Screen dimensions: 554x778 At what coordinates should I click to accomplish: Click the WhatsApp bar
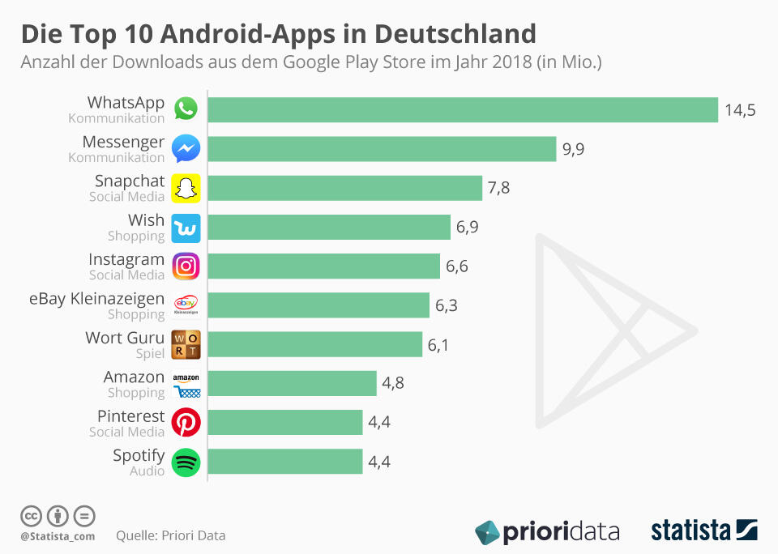coord(463,110)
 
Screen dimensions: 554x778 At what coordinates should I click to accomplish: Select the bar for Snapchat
coord(345,189)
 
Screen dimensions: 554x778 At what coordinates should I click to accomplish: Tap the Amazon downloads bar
coord(293,384)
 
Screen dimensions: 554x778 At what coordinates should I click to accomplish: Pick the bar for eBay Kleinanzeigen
coord(318,305)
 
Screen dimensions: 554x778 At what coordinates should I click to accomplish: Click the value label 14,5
coord(740,110)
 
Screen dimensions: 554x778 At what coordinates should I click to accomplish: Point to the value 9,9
coord(574,149)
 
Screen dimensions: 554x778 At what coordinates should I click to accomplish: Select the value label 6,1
coord(438,345)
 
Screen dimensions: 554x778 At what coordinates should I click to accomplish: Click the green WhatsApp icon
coord(186,109)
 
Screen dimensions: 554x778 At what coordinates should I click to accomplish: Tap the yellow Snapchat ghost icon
coord(186,188)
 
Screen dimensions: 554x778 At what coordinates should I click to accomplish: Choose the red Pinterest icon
coord(186,423)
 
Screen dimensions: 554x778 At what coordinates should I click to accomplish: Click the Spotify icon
coord(186,462)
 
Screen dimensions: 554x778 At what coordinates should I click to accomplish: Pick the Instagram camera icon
coord(186,266)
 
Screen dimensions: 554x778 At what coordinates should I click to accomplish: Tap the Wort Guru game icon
coord(186,344)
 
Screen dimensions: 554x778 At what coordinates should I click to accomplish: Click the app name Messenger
coord(123,142)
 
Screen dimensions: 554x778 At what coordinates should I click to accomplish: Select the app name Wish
coord(146,220)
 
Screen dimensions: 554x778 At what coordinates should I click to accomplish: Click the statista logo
coord(703,531)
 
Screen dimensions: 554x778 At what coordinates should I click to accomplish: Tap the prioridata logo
coord(547,532)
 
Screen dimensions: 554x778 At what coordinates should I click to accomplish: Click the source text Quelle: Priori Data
coord(171,535)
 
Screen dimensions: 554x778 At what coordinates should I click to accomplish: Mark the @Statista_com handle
coord(58,536)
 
